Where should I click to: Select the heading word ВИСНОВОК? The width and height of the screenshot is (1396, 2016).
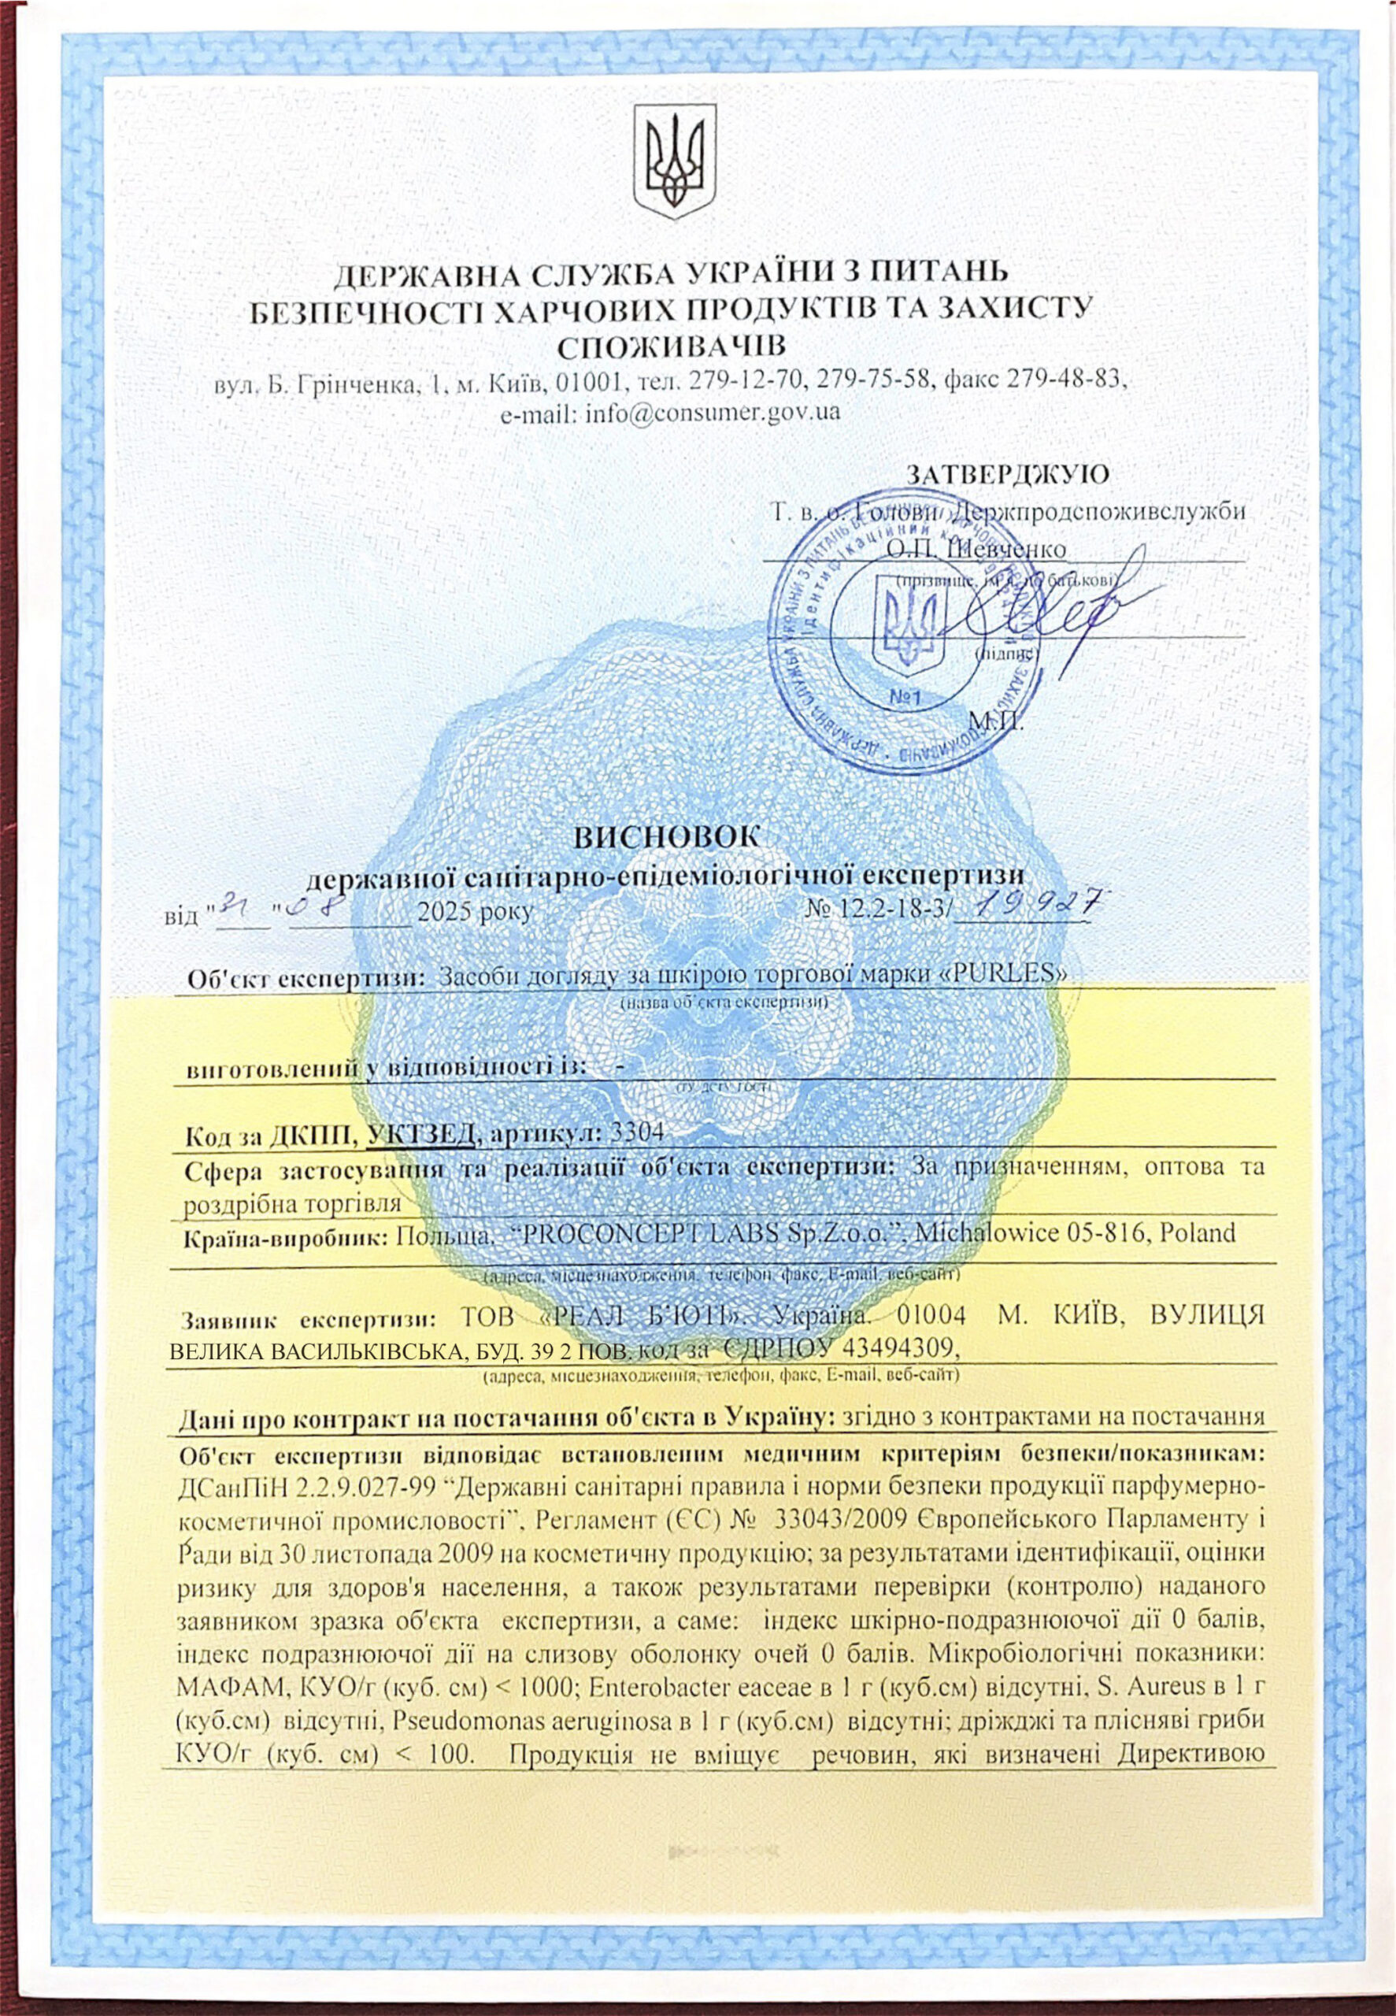pos(669,836)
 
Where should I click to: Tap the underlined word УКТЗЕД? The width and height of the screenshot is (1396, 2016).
pos(424,1133)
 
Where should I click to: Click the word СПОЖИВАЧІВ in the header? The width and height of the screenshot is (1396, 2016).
pos(671,343)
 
